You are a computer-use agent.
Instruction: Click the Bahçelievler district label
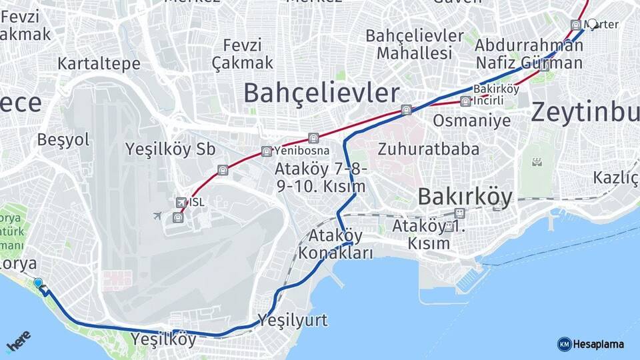coord(321,93)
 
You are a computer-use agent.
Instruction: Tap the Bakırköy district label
coord(465,197)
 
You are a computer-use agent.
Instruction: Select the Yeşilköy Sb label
coord(170,149)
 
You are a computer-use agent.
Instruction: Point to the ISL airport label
coord(197,202)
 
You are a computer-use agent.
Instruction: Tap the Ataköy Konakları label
coord(335,244)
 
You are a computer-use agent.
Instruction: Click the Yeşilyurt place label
coord(293,320)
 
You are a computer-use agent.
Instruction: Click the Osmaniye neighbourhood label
coord(471,121)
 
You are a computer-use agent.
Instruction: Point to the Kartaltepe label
coord(99,64)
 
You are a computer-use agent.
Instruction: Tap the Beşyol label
coord(63,139)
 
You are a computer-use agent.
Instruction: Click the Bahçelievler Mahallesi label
coord(415,43)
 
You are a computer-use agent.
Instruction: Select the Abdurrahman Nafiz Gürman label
coord(529,54)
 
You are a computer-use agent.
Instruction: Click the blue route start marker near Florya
coord(38,283)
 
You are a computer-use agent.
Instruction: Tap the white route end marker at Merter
coord(591,23)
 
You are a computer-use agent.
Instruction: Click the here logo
coord(18,341)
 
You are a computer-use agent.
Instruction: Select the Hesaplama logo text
coord(598,344)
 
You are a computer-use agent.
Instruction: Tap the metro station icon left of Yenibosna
coord(267,151)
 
